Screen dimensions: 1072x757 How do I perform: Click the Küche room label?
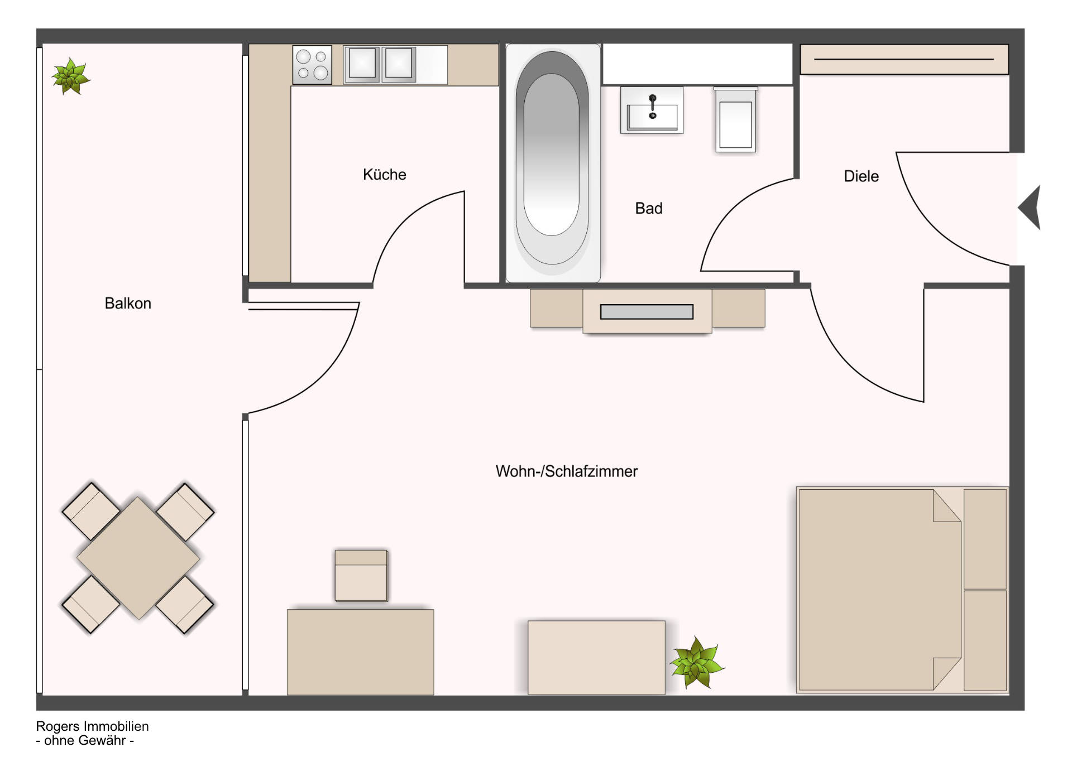pos(384,175)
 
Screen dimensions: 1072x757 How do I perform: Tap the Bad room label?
pos(649,209)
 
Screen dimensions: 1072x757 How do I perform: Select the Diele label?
pos(861,176)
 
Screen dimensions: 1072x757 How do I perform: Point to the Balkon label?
pos(128,303)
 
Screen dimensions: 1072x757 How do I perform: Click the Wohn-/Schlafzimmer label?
pos(567,471)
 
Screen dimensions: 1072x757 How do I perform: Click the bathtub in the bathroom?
pos(552,163)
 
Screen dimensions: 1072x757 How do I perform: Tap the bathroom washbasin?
pos(652,110)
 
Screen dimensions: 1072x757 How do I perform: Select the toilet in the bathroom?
pos(735,119)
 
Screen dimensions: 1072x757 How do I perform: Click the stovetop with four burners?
pos(312,65)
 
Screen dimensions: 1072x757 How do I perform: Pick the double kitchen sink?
pos(380,64)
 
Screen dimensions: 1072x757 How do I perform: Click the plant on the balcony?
pos(70,76)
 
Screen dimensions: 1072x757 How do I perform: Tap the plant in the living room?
pos(697,663)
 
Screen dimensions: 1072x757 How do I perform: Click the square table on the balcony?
pos(138,558)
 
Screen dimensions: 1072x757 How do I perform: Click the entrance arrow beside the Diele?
pos(1030,208)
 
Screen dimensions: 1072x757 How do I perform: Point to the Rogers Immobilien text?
pos(93,726)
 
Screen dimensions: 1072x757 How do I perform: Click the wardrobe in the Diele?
pos(904,59)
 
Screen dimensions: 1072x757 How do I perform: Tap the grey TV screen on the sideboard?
pos(647,312)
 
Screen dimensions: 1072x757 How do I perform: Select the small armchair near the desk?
pos(361,576)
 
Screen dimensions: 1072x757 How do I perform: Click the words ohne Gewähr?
pos(85,741)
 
